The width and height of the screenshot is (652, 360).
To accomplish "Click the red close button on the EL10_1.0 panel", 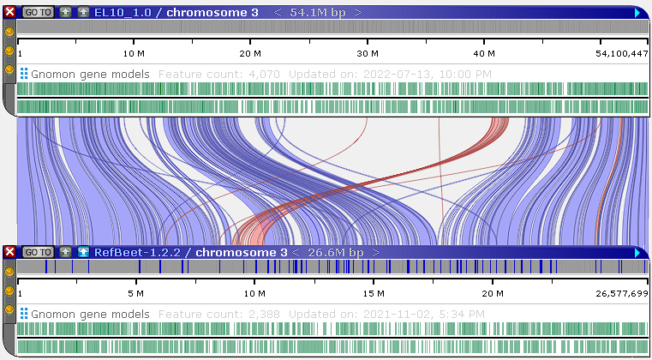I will pyautogui.click(x=10, y=13).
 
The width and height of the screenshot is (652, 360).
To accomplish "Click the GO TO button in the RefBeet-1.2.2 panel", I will pyautogui.click(x=38, y=252).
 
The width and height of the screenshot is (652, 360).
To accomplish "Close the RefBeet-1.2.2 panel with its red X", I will pyautogui.click(x=10, y=252).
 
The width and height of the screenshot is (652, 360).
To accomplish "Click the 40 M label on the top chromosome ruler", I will pyautogui.click(x=485, y=53).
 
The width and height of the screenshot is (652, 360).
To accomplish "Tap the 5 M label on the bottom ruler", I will pyautogui.click(x=136, y=293).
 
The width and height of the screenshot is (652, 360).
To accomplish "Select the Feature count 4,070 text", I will pyautogui.click(x=219, y=75).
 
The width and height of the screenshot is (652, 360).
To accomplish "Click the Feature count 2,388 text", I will pyautogui.click(x=219, y=314).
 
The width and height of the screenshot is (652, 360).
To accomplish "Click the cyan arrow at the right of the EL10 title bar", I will pyautogui.click(x=637, y=13).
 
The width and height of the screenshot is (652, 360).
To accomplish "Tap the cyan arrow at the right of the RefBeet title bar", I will pyautogui.click(x=637, y=252).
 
